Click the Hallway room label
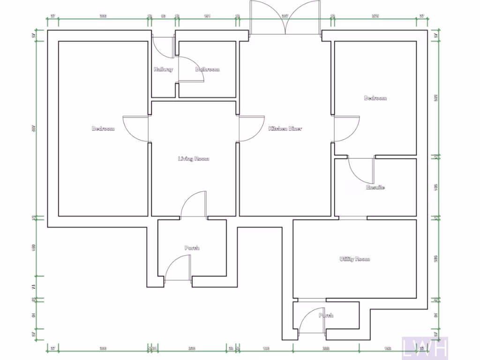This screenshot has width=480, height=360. point(163,69)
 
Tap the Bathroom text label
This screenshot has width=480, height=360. point(207,69)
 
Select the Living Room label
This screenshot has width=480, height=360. point(194,159)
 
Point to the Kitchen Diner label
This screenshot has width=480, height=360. point(285,128)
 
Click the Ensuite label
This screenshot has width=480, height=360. point(375,187)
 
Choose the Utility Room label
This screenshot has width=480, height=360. point(355,259)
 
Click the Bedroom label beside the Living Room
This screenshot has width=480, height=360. point(103,128)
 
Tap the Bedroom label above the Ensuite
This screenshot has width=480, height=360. point(375,98)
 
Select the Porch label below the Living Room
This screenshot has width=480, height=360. point(192,247)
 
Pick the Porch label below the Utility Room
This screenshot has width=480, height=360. point(326,315)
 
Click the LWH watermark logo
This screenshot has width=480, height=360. point(426,348)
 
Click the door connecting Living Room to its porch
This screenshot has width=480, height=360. point(193,205)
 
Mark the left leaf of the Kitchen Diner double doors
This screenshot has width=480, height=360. point(267,18)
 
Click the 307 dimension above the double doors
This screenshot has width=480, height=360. point(285,16)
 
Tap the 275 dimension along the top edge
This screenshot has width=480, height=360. point(375,16)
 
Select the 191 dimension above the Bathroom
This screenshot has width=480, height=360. point(207,16)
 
